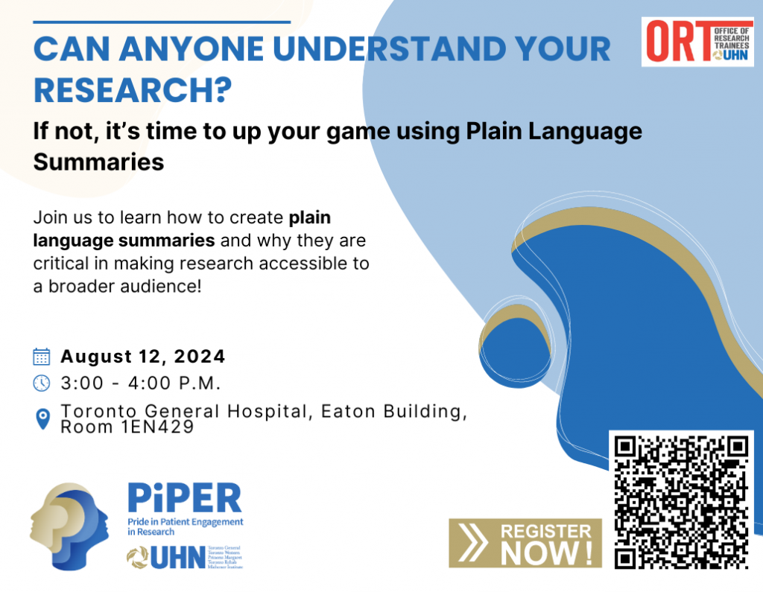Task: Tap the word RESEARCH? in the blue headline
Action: pyautogui.click(x=133, y=89)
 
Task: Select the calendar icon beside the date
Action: pyautogui.click(x=42, y=357)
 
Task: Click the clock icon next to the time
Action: pyautogui.click(x=42, y=383)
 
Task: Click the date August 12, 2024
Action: pyautogui.click(x=143, y=357)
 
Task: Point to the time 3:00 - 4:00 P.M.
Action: pyautogui.click(x=142, y=383)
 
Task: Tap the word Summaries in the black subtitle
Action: pyautogui.click(x=98, y=161)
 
